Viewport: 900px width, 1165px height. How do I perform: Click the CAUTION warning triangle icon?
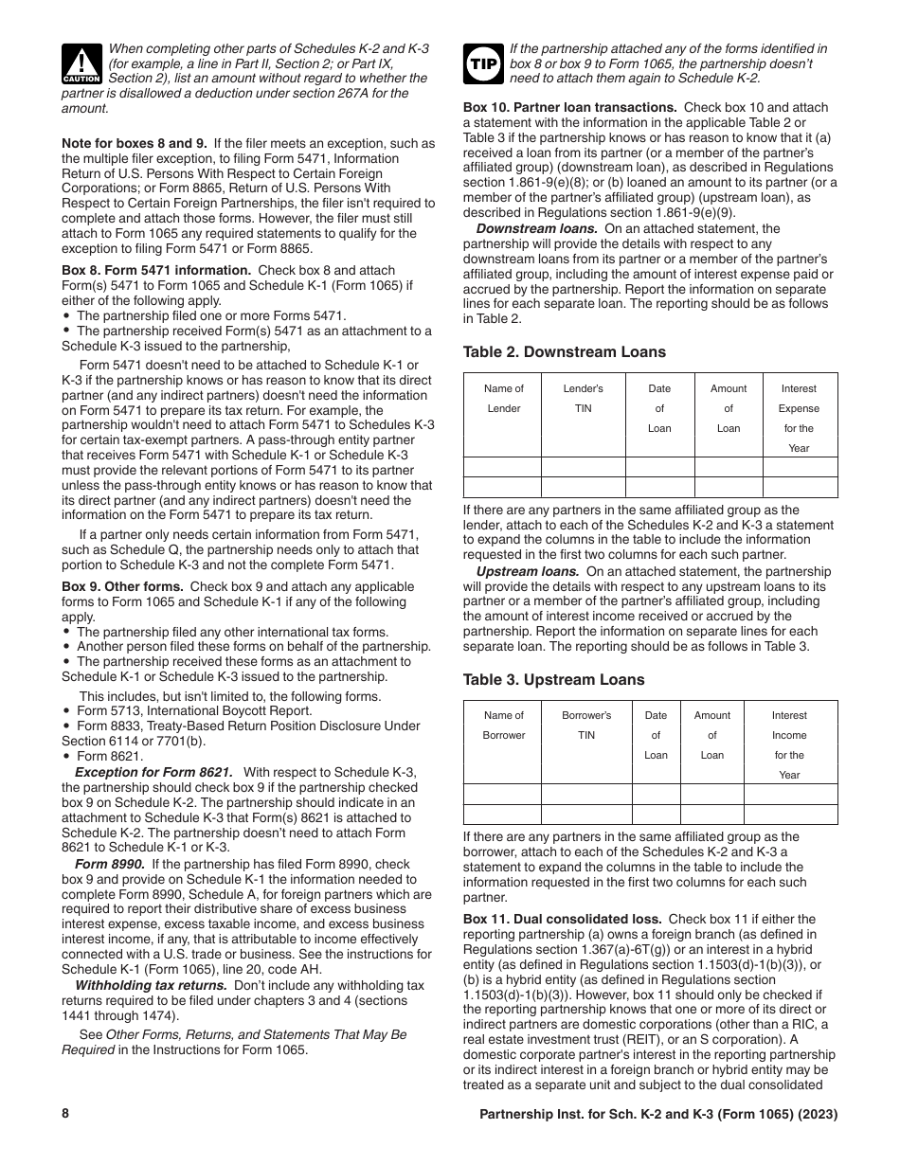coord(82,64)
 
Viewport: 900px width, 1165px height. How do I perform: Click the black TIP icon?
coord(483,63)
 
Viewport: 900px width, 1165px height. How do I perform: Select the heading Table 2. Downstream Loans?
coord(564,352)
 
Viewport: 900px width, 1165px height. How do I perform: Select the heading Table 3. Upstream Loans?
coord(553,680)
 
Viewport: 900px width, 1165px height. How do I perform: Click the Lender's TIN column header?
coord(583,398)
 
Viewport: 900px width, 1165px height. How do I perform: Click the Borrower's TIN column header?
coord(586,726)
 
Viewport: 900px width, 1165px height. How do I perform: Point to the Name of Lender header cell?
coord(503,398)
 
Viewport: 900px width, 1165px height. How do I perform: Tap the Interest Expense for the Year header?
coord(798,418)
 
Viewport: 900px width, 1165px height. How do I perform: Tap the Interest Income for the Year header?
coord(789,745)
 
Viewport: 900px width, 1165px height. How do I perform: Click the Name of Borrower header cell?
coord(503,726)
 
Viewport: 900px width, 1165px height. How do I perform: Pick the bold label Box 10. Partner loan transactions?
coord(569,108)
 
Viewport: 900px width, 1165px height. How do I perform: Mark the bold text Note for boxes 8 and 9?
coord(137,144)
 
